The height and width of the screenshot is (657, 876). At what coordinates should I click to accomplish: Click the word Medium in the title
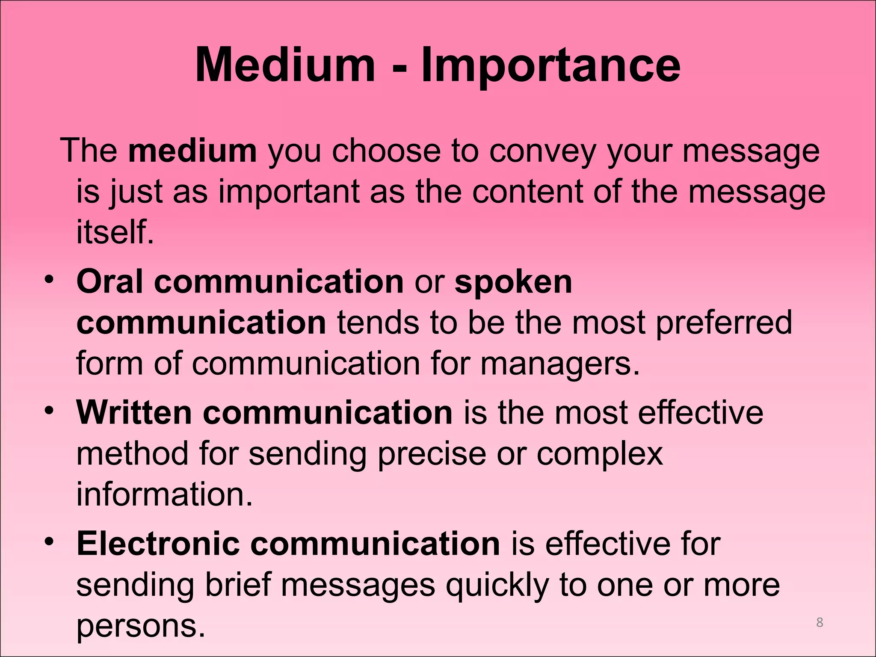point(285,65)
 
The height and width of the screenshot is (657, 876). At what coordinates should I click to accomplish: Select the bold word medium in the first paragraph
point(192,151)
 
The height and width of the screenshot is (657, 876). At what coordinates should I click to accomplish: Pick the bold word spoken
point(513,282)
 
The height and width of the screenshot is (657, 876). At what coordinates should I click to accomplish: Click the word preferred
point(724,323)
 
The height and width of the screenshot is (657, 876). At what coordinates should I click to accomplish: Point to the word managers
point(560,364)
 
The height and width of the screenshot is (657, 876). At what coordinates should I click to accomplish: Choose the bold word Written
point(134,413)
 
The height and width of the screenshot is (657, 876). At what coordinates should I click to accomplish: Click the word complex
point(600,455)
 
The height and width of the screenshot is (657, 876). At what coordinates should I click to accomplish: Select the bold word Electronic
point(158,544)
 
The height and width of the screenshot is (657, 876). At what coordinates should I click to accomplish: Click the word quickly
point(497,585)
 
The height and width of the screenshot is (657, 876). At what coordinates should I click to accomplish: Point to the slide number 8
point(820,622)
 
